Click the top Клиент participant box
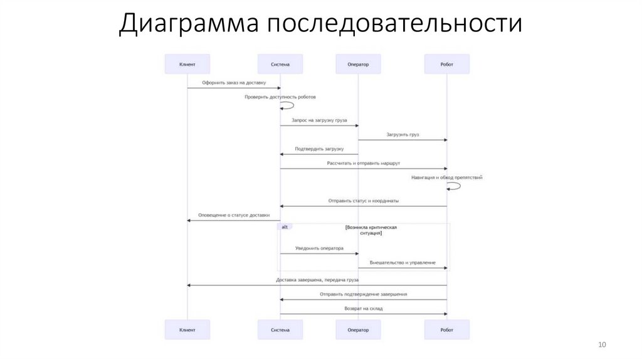click(187, 64)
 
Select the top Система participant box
click(280, 64)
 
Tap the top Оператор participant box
click(358, 64)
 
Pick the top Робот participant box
click(447, 64)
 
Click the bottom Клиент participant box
click(187, 330)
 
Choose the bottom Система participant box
click(280, 330)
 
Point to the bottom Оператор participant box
click(358, 330)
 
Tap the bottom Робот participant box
click(447, 330)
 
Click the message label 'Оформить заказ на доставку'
click(234, 83)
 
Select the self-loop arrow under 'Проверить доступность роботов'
click(288, 107)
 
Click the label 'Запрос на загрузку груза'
click(319, 120)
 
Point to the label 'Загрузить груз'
click(403, 134)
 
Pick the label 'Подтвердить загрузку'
click(319, 149)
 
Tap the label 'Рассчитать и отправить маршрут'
click(364, 163)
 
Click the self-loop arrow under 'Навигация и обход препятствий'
click(455, 186)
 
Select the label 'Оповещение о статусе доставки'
click(234, 215)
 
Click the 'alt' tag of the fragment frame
click(285, 227)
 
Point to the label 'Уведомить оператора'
click(319, 248)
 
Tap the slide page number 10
click(603, 345)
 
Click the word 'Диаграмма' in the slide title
click(189, 24)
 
